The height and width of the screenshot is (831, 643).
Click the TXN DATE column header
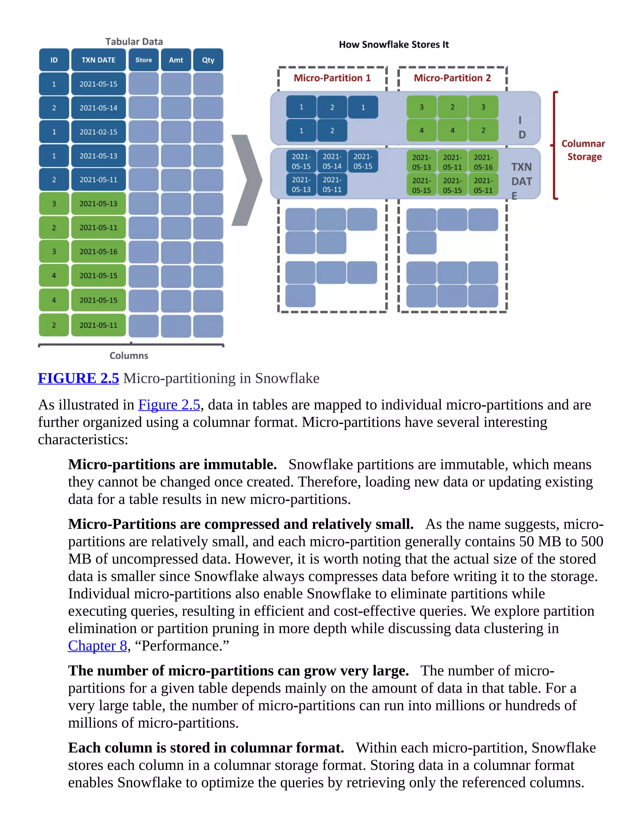point(98,60)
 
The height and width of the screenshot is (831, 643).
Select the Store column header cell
point(143,60)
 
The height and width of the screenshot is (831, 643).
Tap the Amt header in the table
point(176,60)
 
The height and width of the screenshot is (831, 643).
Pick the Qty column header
point(208,60)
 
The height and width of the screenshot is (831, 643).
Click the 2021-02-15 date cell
point(98,132)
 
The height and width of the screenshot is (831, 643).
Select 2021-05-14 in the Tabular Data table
point(98,108)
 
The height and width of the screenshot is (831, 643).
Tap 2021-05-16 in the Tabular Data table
point(98,251)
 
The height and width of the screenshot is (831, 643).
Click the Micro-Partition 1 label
point(332,78)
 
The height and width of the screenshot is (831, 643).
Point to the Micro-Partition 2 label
point(452,78)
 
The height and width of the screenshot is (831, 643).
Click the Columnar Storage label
point(584,150)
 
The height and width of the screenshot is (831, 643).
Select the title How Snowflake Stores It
point(394,45)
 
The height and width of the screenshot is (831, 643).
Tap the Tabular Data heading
point(134,41)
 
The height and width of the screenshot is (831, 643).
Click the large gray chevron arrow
point(246,180)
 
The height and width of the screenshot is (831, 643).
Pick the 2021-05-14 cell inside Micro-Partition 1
point(332,161)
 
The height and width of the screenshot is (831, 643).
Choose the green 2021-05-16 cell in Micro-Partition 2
point(483,162)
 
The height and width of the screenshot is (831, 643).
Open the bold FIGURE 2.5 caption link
point(78,378)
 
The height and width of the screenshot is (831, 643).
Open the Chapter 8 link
point(98,646)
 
